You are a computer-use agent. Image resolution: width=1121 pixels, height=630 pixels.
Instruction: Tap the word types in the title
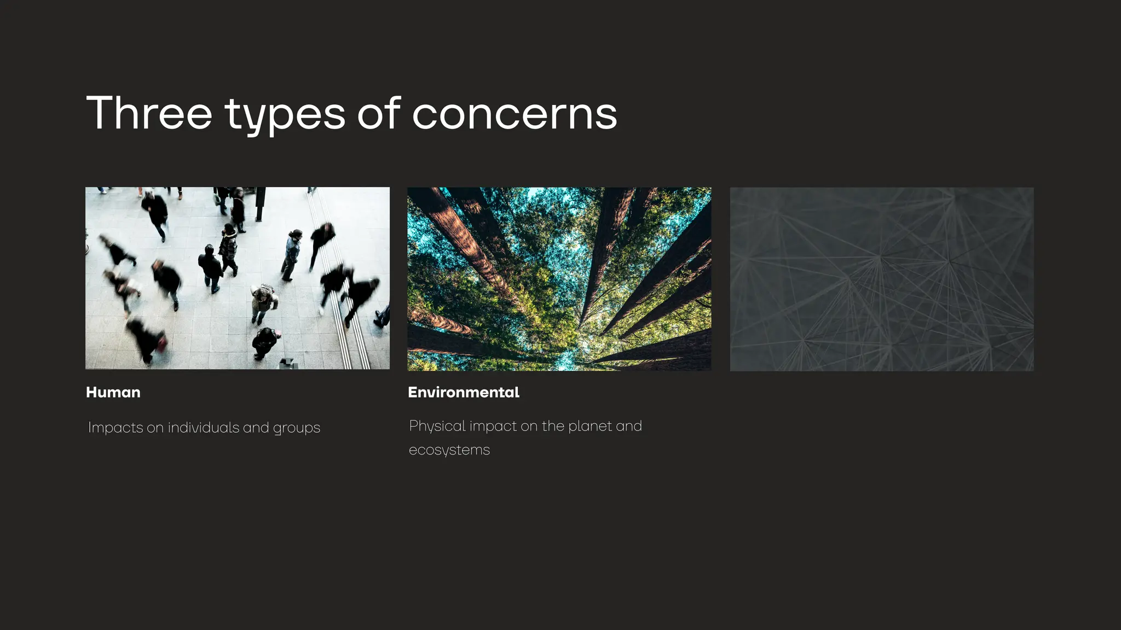pyautogui.click(x=285, y=115)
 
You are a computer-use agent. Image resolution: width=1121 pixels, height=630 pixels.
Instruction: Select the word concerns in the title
pyautogui.click(x=514, y=114)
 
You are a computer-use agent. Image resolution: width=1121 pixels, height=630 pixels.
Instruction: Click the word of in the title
pyautogui.click(x=379, y=113)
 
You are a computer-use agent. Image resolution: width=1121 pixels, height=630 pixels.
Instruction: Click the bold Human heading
pyautogui.click(x=113, y=392)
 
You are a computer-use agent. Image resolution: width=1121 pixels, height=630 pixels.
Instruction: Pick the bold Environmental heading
pyautogui.click(x=463, y=392)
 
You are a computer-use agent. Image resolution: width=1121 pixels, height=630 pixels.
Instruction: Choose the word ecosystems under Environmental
pyautogui.click(x=449, y=450)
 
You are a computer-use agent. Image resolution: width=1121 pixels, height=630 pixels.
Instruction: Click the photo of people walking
pyautogui.click(x=237, y=278)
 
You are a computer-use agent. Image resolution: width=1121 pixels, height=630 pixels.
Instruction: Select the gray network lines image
pyautogui.click(x=881, y=279)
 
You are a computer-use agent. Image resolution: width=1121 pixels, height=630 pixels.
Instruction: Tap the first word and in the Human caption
pyautogui.click(x=256, y=427)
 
